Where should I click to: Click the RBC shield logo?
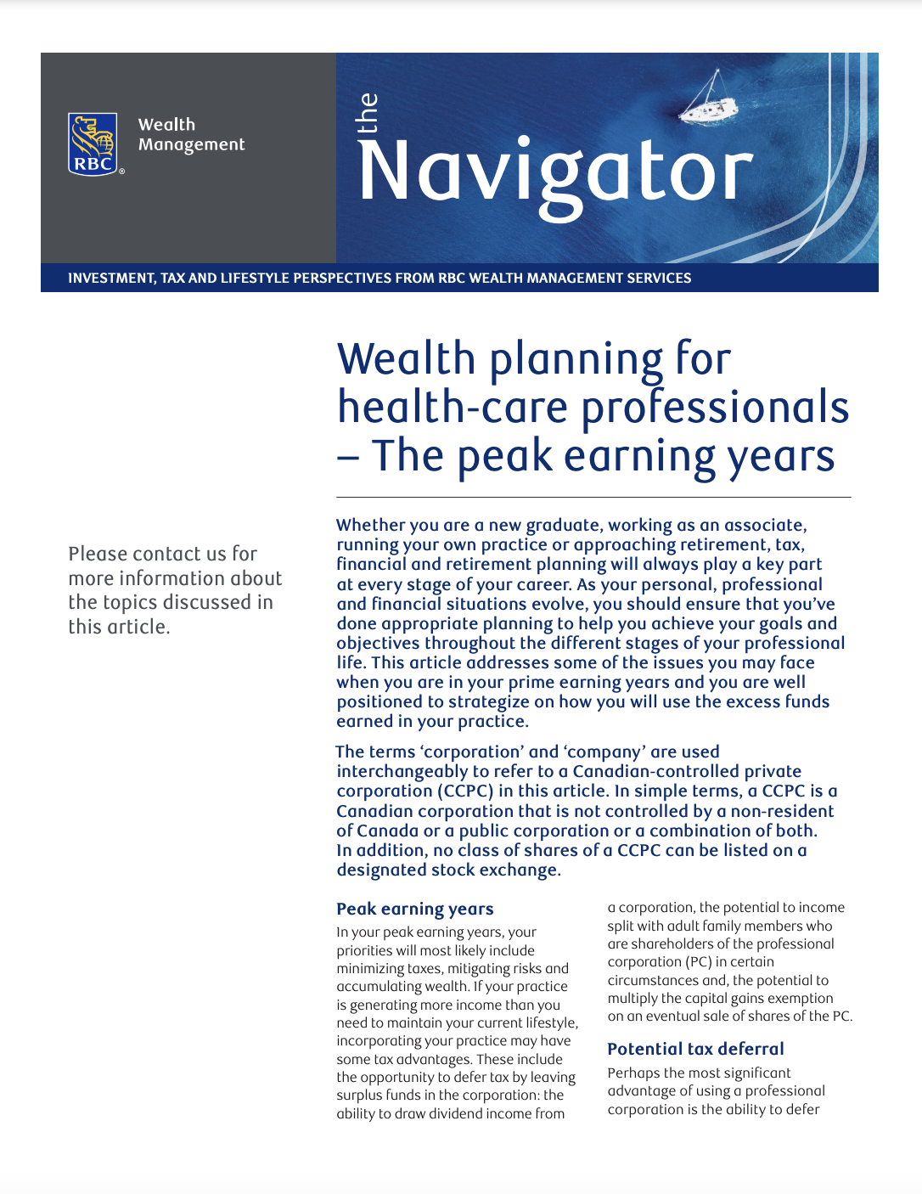93,144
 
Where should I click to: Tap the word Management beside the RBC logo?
191,145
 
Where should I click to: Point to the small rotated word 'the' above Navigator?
368,113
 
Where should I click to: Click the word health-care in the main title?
453,408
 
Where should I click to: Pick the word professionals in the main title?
715,408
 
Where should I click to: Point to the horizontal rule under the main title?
593,497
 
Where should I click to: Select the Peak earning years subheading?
414,909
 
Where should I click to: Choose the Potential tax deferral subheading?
695,1049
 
